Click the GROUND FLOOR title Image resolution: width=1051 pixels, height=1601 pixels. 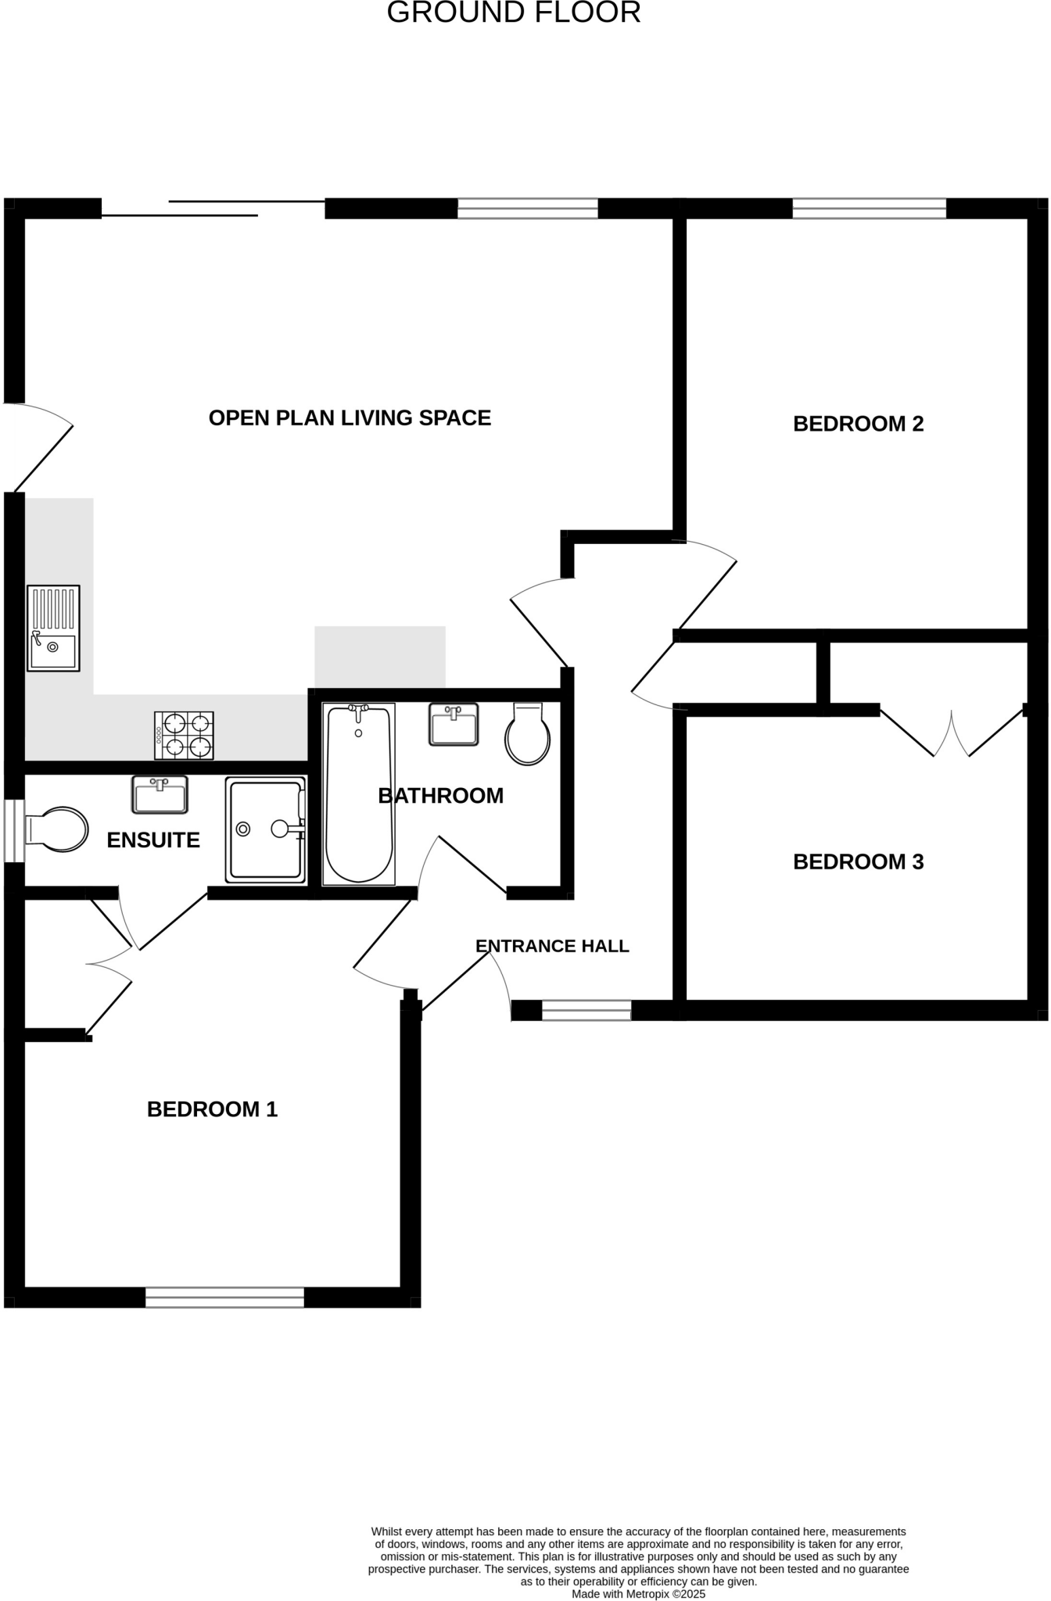pyautogui.click(x=514, y=13)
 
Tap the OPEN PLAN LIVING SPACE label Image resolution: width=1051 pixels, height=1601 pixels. pyautogui.click(x=350, y=418)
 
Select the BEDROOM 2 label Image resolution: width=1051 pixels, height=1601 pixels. pyautogui.click(x=858, y=424)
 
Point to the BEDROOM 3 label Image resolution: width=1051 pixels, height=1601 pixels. pyautogui.click(x=858, y=861)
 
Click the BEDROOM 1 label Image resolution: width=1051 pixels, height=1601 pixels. pyautogui.click(x=212, y=1109)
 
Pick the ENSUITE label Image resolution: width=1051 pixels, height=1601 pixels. pyautogui.click(x=153, y=840)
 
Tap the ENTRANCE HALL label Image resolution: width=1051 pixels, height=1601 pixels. pyautogui.click(x=552, y=946)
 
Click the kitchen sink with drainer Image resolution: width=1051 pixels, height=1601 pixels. pyautogui.click(x=53, y=629)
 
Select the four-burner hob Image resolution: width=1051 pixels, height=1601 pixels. pyautogui.click(x=185, y=735)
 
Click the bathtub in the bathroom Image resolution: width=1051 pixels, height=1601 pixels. pyautogui.click(x=359, y=793)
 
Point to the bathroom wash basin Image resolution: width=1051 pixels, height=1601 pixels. pyautogui.click(x=454, y=724)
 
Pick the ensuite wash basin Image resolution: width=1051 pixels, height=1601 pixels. pyautogui.click(x=160, y=794)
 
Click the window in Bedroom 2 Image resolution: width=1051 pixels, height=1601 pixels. pyautogui.click(x=869, y=208)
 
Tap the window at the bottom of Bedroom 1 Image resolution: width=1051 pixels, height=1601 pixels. pyautogui.click(x=224, y=1297)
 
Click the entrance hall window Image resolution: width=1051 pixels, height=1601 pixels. pyautogui.click(x=586, y=1010)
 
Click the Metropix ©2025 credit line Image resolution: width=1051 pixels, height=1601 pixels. pyautogui.click(x=638, y=1593)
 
